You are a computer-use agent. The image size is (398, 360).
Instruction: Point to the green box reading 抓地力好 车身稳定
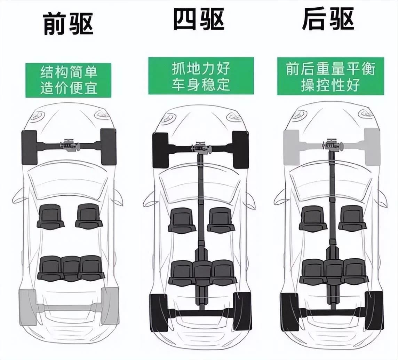(x=201, y=76)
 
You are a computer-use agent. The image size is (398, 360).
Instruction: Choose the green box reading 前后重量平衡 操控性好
(x=331, y=76)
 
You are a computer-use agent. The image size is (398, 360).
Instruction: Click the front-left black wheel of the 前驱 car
(x=29, y=147)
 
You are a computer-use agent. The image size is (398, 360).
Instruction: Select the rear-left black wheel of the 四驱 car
(x=158, y=312)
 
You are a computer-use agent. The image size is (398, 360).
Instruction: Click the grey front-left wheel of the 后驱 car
(x=291, y=146)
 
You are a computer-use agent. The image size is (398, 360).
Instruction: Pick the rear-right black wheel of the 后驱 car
(x=374, y=311)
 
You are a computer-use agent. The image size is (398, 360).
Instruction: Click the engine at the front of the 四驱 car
(x=201, y=147)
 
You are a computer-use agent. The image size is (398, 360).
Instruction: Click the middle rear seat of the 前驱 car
(x=71, y=267)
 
